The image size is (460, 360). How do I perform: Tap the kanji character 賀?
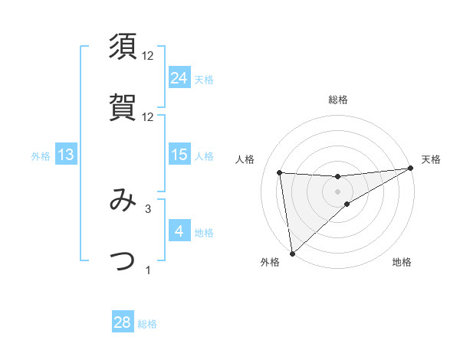coord(123,106)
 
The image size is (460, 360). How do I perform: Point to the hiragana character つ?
coord(123,261)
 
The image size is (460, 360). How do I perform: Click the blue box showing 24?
coord(179,78)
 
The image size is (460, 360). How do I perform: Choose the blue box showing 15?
coord(179,155)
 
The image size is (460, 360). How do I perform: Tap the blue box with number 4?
coord(179,231)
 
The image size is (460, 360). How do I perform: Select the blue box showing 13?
coord(66,155)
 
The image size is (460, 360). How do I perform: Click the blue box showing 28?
coord(123,322)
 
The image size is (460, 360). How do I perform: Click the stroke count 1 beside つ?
coord(148,270)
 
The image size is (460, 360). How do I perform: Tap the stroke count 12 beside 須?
coord(148,56)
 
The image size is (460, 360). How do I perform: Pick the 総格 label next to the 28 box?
coord(147,324)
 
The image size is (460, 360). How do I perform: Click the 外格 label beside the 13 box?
coord(41,156)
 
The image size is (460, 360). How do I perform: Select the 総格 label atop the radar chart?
coord(338,100)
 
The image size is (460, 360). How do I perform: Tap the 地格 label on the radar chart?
coord(402,262)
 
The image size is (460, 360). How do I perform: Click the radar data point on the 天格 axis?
coord(410,169)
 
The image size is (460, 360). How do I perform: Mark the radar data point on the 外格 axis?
coord(292,254)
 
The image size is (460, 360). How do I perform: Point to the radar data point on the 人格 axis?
coord(280,172)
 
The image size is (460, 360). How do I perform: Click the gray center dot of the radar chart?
coord(338,191)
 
